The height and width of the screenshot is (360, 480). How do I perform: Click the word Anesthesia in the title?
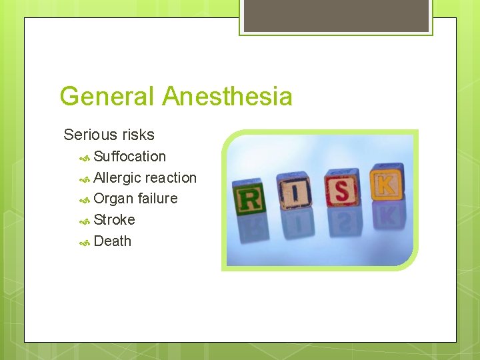coord(227,97)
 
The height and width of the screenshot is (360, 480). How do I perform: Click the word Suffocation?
coord(130,157)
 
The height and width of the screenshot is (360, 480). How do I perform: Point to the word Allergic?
coord(117,178)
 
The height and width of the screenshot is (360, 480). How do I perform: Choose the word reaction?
coord(171,178)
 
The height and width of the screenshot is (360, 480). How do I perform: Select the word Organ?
coord(113,199)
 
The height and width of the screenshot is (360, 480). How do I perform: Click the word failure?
coord(157,199)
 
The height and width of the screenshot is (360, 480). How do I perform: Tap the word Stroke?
coord(115,220)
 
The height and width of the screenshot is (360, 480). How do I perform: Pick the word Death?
coord(113,241)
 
